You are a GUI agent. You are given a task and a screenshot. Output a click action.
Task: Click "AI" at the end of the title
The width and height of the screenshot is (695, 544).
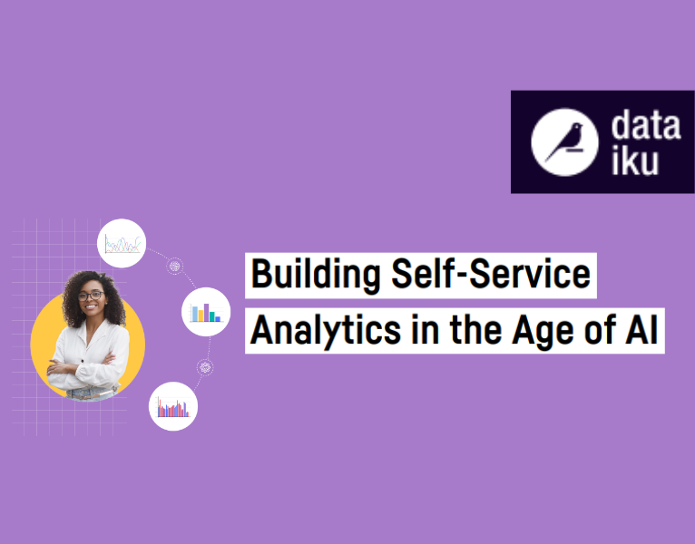coord(640,330)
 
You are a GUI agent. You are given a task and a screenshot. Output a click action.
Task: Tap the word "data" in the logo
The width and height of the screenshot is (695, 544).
coord(644,125)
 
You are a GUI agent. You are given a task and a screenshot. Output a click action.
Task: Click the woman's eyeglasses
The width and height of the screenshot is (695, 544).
coord(91,296)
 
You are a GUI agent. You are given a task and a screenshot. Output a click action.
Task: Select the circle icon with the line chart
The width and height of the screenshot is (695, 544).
coord(122,243)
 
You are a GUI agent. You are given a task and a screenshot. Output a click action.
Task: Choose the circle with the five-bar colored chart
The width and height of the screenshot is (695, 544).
coord(206,313)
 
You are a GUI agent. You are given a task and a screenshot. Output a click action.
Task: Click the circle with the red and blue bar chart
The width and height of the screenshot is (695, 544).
coord(172,407)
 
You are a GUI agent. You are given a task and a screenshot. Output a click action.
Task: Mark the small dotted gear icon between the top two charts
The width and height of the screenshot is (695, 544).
coord(174,267)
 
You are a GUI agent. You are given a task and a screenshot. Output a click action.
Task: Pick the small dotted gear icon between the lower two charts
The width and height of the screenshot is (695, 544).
coord(205,366)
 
